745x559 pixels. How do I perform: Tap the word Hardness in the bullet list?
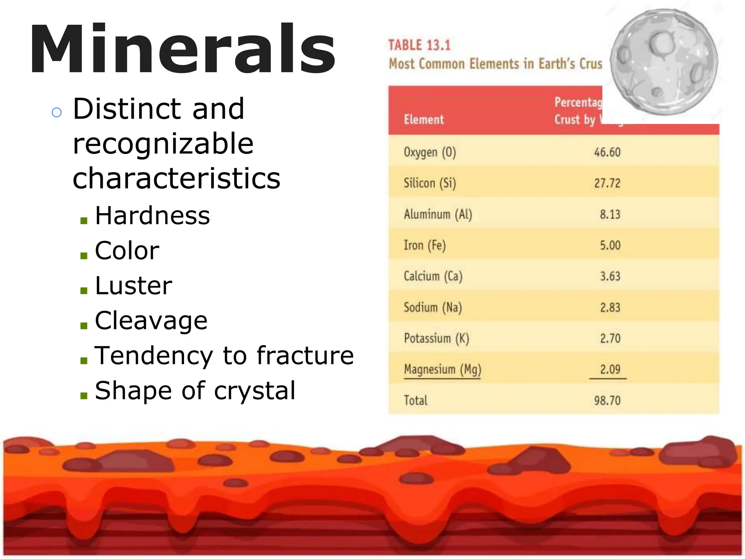152,215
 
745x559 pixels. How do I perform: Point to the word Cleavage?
151,321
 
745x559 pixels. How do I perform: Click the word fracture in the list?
305,355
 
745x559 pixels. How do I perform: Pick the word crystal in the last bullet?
255,390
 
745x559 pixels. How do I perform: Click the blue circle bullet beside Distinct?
57,112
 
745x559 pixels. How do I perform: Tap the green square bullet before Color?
84,255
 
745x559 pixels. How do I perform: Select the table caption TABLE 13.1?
419,45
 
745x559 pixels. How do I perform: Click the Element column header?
424,119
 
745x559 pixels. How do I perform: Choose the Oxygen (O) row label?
430,152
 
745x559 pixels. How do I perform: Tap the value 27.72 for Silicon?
607,183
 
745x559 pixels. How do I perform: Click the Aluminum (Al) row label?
438,214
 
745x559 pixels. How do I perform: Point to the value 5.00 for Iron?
610,245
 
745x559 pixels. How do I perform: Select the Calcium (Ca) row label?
433,276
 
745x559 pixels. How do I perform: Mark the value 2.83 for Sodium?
610,308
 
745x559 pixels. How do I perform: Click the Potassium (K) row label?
437,338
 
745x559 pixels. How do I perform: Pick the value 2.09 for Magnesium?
610,369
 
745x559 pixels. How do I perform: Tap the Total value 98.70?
607,401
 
